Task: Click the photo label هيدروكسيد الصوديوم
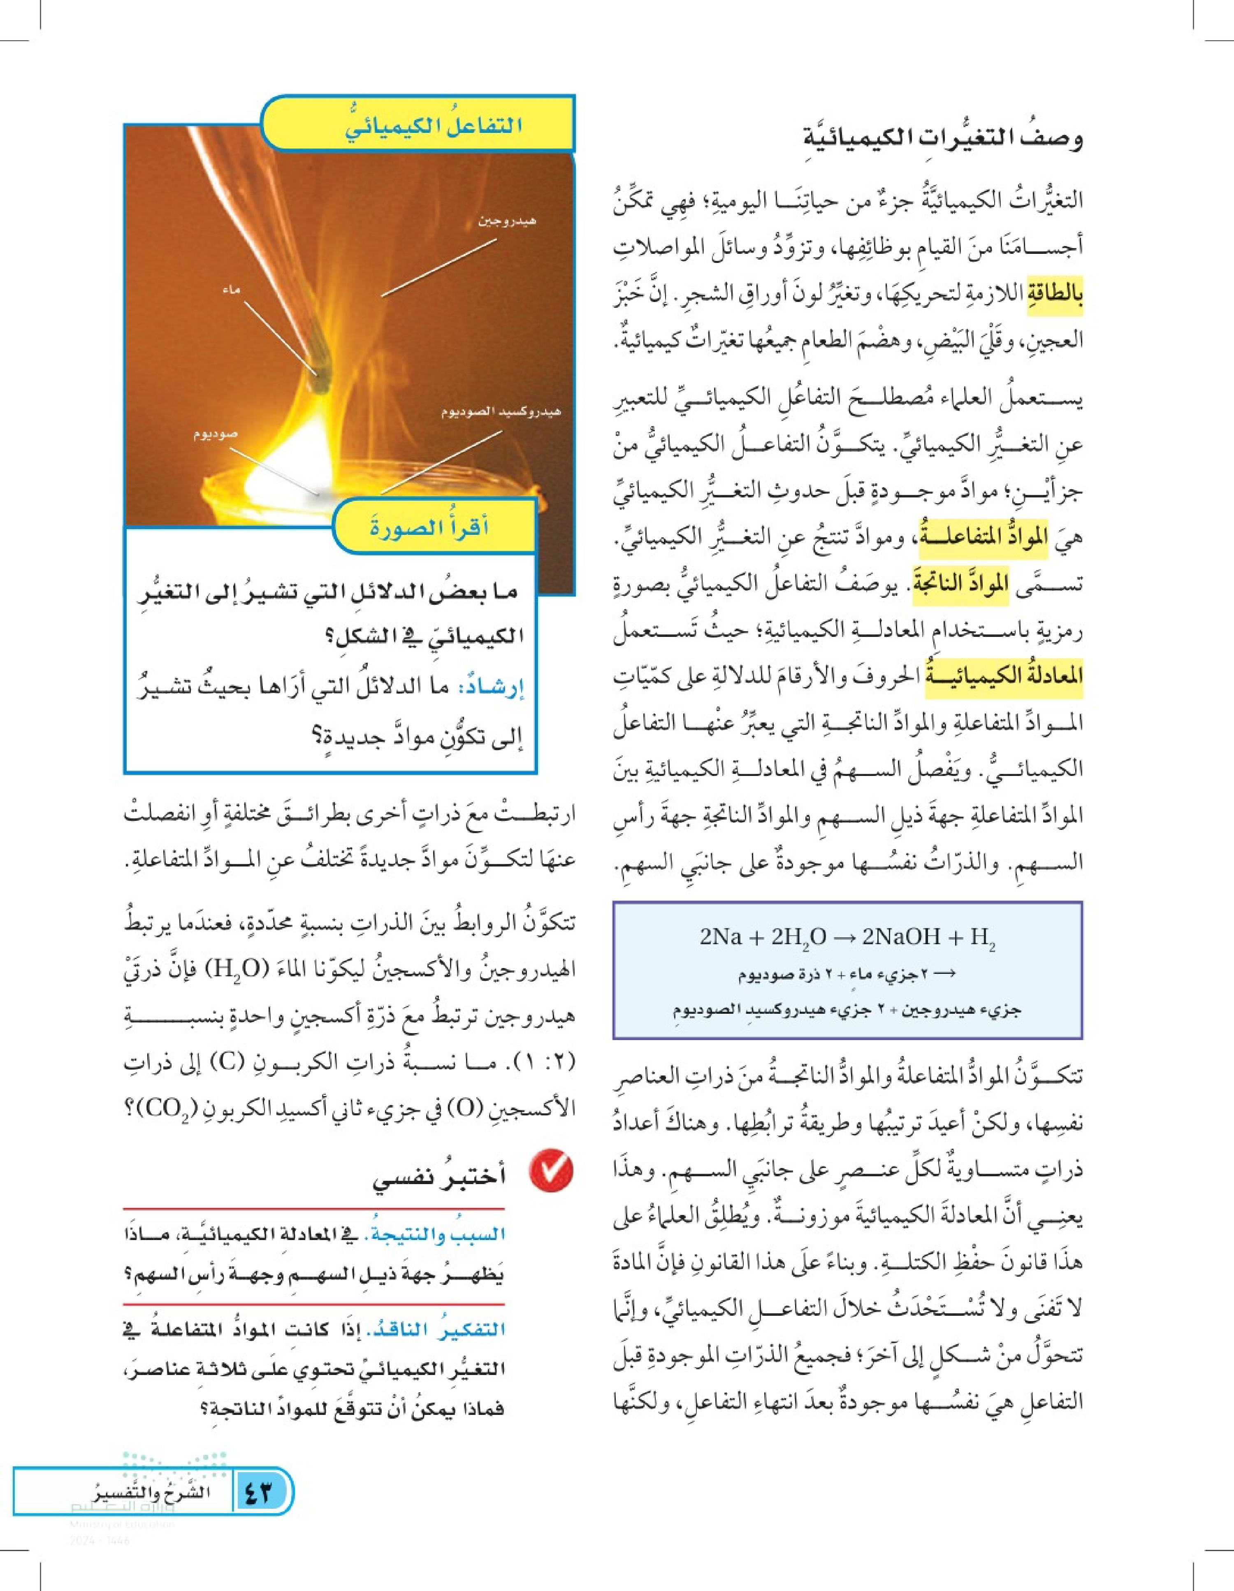(501, 412)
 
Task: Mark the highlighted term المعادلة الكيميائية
(1004, 675)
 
